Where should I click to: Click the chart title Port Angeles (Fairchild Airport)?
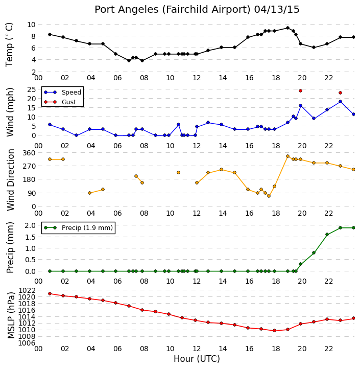click(173, 10)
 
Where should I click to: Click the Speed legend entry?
click(62, 92)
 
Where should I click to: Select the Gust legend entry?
click(60, 102)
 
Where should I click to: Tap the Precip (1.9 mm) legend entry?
click(78, 227)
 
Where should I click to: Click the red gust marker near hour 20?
click(300, 90)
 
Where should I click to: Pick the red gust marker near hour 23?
click(340, 93)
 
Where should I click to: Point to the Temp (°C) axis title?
click(9, 45)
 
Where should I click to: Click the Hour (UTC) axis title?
click(197, 359)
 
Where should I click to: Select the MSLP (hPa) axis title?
click(11, 315)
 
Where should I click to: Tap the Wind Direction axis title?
click(10, 179)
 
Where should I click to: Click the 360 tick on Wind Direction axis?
click(29, 153)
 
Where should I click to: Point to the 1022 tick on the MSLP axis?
click(27, 290)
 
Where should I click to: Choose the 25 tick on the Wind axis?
click(32, 89)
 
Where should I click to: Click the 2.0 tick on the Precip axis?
click(30, 225)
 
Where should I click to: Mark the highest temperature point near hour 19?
click(287, 28)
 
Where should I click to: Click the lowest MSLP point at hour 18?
click(274, 331)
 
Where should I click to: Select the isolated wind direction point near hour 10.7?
click(178, 173)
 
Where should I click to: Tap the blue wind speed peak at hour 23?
click(340, 101)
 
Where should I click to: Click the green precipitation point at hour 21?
click(314, 253)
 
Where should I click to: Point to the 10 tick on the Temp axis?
click(32, 25)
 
